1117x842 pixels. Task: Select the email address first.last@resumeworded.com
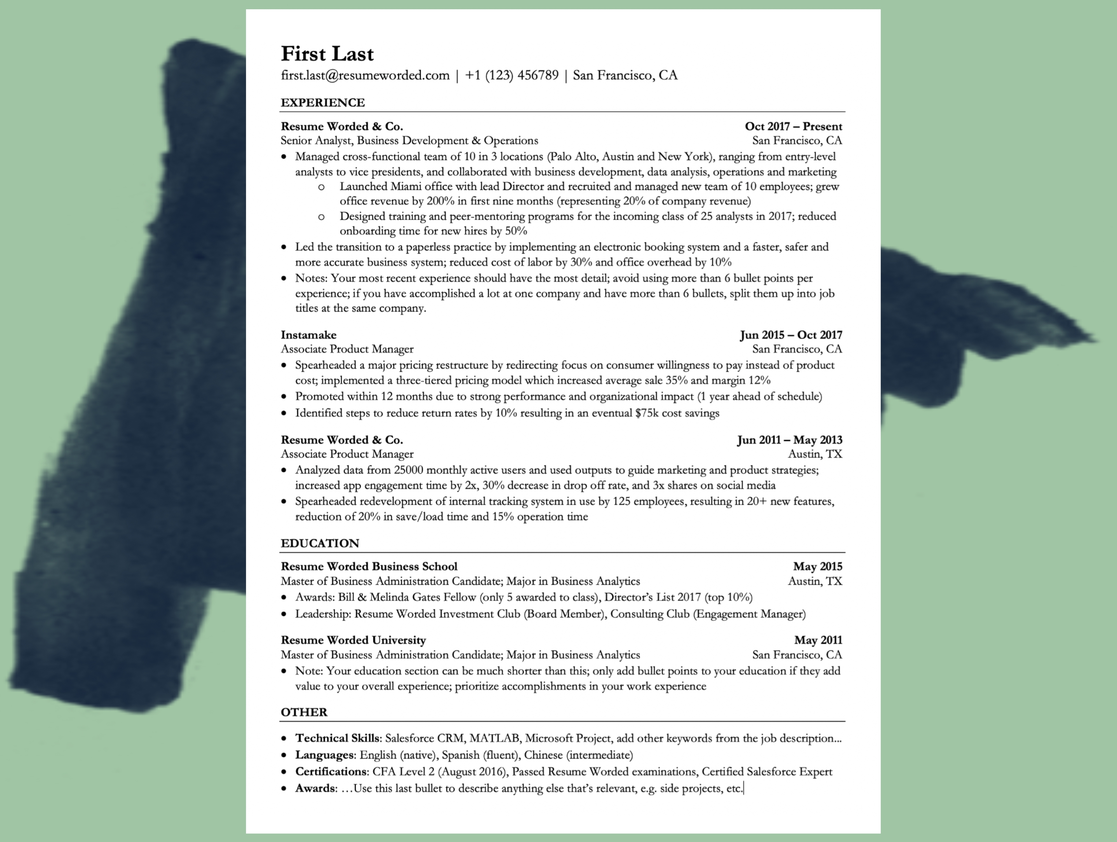tap(365, 76)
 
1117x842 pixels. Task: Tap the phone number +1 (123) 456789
tap(512, 76)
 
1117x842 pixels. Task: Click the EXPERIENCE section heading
tap(323, 103)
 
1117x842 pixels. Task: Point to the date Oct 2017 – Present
tap(793, 126)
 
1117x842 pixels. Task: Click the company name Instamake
tap(309, 335)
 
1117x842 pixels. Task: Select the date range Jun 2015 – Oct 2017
tap(791, 335)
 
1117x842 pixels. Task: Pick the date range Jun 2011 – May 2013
tap(789, 440)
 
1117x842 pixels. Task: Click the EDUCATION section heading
tap(320, 543)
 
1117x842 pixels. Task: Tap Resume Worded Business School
tap(369, 566)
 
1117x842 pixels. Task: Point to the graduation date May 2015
tap(818, 566)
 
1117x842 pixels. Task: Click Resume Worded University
tap(354, 640)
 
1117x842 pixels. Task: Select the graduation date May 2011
tap(818, 640)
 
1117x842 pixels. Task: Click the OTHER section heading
tap(304, 712)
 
